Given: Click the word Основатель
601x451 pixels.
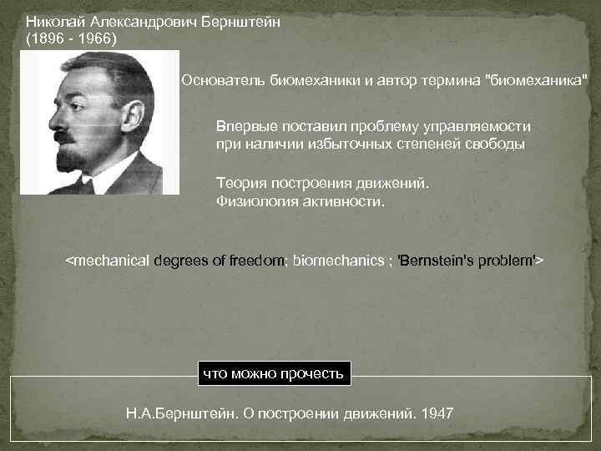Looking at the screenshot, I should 221,80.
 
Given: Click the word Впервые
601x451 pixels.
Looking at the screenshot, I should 245,126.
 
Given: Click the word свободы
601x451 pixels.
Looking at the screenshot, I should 497,144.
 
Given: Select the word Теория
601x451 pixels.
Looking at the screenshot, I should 239,183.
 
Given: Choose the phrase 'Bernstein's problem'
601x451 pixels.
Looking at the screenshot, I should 467,261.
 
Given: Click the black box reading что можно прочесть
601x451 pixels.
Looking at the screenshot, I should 273,373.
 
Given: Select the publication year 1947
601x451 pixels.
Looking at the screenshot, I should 439,413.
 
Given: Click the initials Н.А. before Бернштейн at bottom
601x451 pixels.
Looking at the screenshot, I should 139,413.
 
